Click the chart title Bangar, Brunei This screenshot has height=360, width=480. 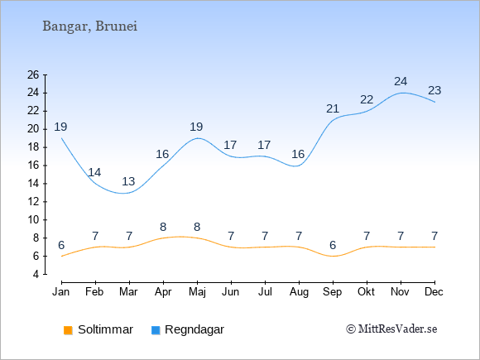click(x=89, y=26)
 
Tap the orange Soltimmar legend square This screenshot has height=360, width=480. click(x=68, y=330)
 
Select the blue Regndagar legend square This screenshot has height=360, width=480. click(x=156, y=330)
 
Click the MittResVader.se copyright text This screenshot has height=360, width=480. click(x=391, y=329)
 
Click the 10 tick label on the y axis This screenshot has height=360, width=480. click(x=33, y=220)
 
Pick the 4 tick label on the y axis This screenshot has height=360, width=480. click(x=36, y=274)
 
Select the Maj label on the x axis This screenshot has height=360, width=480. click(x=197, y=292)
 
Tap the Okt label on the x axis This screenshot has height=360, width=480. click(x=366, y=292)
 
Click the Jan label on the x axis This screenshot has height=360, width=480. click(x=61, y=292)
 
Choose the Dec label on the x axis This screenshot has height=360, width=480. click(x=434, y=292)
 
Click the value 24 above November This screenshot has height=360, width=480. click(x=401, y=81)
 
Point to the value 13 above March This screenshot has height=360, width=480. click(x=128, y=181)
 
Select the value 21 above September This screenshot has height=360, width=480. click(x=333, y=108)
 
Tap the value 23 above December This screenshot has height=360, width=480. click(x=434, y=90)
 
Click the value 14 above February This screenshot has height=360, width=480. click(x=94, y=172)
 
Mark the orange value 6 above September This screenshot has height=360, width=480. click(x=333, y=245)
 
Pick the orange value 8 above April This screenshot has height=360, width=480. click(x=163, y=227)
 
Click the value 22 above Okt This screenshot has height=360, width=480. click(x=367, y=100)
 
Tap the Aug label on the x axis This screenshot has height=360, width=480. click(x=299, y=292)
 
